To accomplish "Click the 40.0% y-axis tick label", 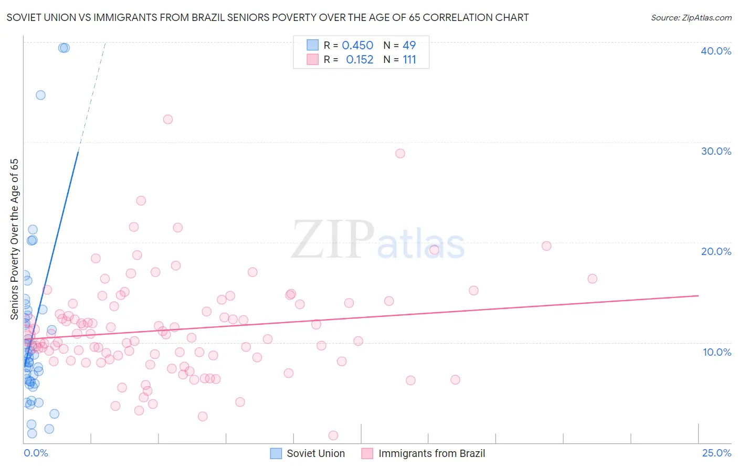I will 715,51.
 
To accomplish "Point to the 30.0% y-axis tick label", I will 715,151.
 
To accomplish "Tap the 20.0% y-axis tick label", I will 715,251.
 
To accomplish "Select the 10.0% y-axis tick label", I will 716,352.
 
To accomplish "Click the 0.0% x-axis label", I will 36,453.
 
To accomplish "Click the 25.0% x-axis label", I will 716,453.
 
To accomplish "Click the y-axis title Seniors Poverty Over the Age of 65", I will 14,239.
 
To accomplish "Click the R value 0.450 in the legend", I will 357,46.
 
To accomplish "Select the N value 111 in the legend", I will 409,60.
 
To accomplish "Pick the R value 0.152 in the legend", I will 360,60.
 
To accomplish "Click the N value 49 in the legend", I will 409,46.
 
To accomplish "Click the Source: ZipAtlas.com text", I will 691,18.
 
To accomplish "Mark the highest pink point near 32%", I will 168,119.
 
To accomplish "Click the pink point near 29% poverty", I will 400,154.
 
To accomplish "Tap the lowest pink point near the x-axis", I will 333,435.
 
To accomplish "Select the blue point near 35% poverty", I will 40,95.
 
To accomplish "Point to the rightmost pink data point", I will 592,279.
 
